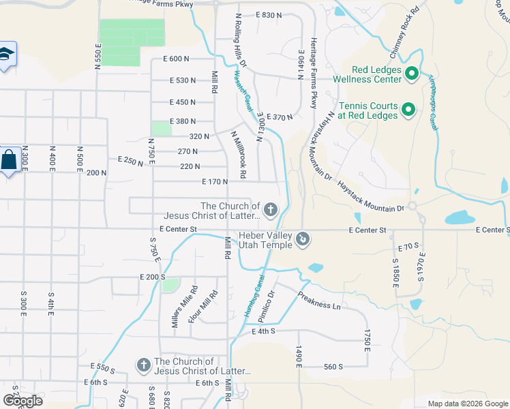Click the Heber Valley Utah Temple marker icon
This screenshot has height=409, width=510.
coord(303,239)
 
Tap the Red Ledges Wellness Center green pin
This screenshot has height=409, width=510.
coord(412,74)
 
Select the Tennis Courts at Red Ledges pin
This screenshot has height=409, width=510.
coord(408,109)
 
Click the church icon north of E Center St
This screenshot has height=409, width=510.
coord(271,210)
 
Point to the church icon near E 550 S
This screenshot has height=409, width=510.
coord(143,366)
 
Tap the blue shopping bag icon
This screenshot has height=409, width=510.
coord(9,162)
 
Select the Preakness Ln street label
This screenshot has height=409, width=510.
coord(318,300)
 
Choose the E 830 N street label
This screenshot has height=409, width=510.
coord(269,15)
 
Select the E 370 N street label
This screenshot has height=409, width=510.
coord(280,117)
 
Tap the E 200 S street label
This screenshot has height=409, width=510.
coord(152,277)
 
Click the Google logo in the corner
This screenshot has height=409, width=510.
coord(22,401)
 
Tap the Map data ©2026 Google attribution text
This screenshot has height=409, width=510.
coord(467,404)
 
